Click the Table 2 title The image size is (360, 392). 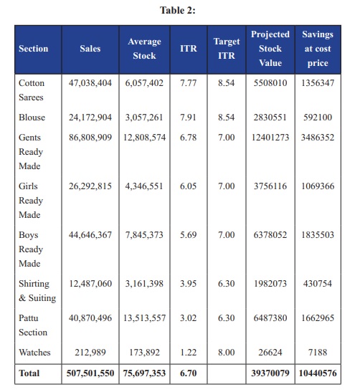tap(178, 11)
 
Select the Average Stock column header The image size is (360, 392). tap(144, 49)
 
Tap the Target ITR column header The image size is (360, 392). tap(227, 49)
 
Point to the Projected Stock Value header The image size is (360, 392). tap(270, 49)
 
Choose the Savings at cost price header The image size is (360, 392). tap(318, 49)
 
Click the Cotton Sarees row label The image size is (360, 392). tap(32, 90)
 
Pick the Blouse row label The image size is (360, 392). tap(32, 118)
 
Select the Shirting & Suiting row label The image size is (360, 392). tap(37, 291)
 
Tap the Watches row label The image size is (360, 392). tap(34, 353)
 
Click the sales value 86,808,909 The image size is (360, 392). tap(90, 138)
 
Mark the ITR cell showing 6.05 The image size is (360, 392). tap(188, 186)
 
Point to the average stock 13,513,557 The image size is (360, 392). tap(144, 318)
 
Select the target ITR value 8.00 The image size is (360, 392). tap(227, 353)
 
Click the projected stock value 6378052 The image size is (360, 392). tap(270, 235)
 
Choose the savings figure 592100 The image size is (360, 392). tap(318, 118)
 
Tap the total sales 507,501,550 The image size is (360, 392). tap(90, 373)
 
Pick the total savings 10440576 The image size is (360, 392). tap(318, 373)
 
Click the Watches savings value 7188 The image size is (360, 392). tap(318, 353)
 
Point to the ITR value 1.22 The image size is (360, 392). tap(188, 353)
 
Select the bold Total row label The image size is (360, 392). tap(29, 373)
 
